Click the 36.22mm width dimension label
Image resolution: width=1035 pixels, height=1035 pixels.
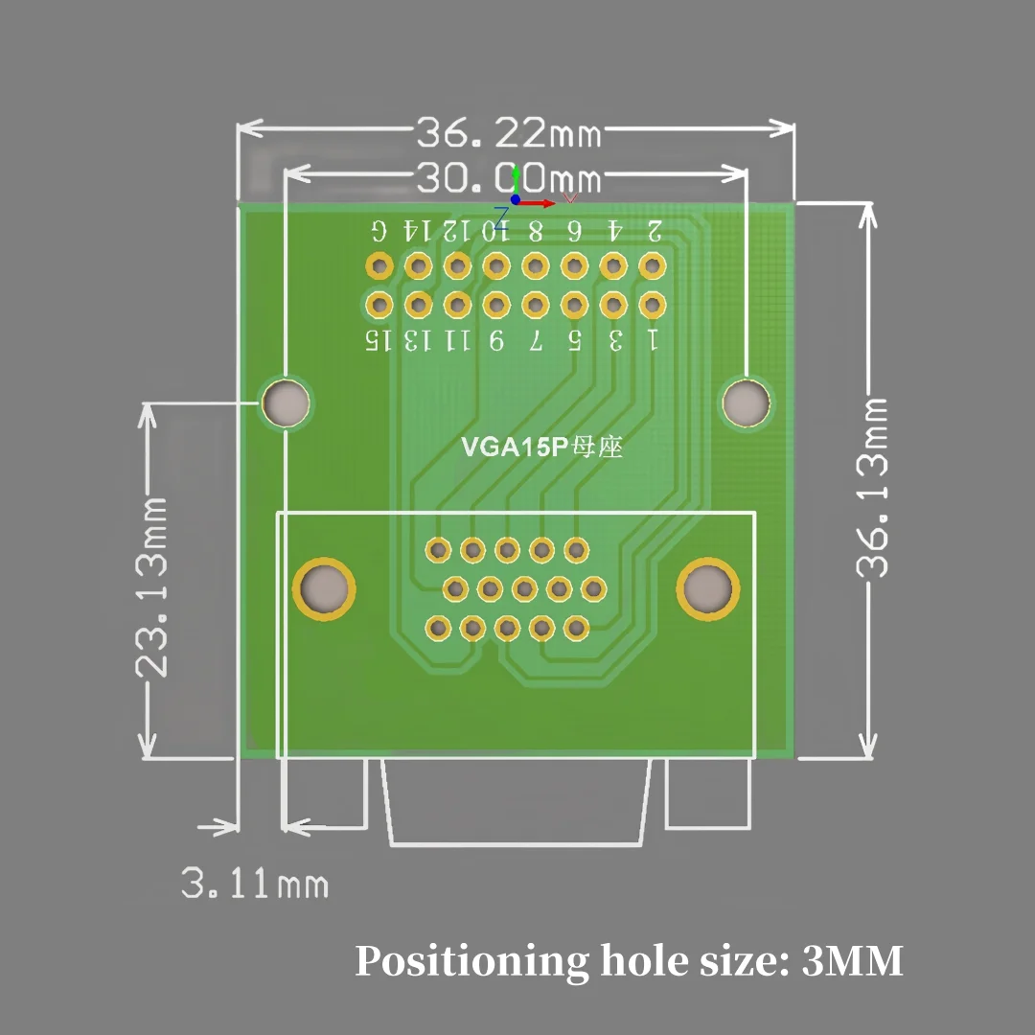508,132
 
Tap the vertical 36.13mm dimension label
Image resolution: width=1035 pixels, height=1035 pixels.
872,489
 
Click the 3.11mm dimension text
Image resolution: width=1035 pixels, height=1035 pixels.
255,884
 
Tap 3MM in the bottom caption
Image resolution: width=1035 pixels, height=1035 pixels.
852,960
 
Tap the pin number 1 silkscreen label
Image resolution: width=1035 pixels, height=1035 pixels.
654,339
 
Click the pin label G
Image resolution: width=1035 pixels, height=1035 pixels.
379,230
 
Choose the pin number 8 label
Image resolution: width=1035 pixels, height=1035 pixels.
536,230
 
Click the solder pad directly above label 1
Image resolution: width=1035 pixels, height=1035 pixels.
652,305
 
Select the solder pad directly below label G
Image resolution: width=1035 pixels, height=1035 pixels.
379,264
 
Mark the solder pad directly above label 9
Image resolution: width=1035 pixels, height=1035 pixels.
495,305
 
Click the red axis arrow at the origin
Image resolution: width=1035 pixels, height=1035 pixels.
541,203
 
